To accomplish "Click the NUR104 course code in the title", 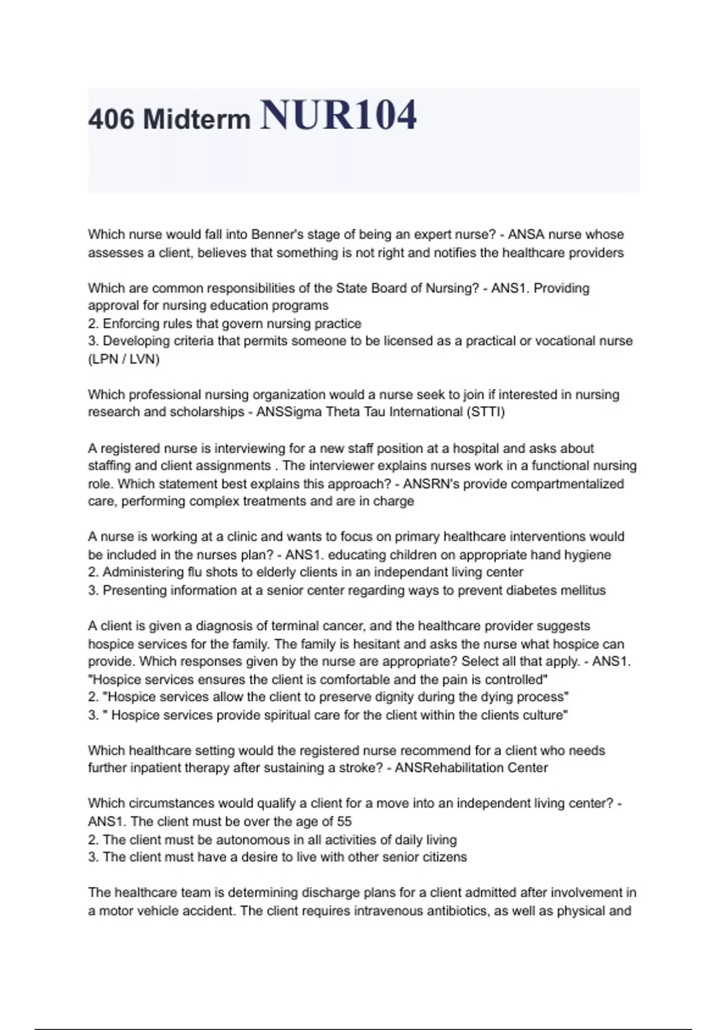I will (x=338, y=115).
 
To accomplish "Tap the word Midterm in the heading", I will (x=196, y=119).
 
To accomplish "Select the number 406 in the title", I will (x=111, y=119).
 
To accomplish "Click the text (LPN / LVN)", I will (x=124, y=359).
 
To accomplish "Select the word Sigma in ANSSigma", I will (x=304, y=412).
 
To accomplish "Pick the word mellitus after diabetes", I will (x=583, y=590).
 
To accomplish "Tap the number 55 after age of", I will (x=344, y=822).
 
